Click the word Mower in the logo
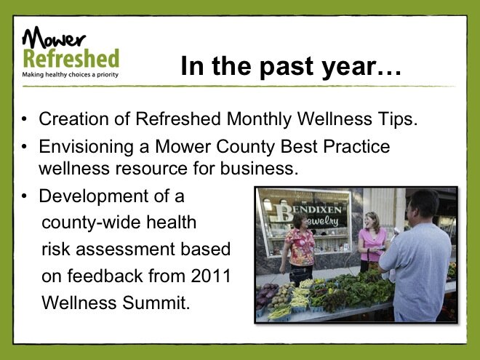(54, 38)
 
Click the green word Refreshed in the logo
(71, 58)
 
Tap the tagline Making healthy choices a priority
(70, 75)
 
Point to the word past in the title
(287, 66)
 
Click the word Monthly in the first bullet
(260, 119)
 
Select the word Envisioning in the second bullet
(86, 147)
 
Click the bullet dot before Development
(25, 196)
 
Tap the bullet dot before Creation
(25, 119)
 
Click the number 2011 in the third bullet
(211, 276)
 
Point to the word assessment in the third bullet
(125, 249)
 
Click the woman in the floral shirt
(300, 248)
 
